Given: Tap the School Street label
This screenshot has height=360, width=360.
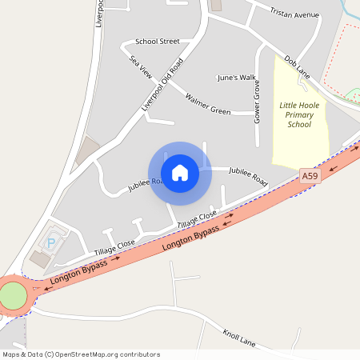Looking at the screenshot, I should (x=158, y=41).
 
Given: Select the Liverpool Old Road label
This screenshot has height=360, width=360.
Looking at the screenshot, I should (x=162, y=84).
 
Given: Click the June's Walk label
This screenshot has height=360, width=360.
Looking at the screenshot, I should (x=236, y=78).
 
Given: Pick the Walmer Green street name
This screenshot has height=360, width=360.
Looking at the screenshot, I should (x=208, y=104).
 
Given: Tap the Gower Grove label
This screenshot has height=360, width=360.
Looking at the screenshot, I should (x=257, y=101).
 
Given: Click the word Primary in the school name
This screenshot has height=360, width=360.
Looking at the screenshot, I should (x=299, y=115).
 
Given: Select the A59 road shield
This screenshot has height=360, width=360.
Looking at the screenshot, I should (x=310, y=174).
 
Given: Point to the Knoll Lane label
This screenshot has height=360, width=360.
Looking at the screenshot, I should (x=239, y=336).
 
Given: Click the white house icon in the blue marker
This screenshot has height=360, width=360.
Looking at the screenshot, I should (x=180, y=173).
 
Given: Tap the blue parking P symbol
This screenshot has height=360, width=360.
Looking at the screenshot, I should (x=52, y=242).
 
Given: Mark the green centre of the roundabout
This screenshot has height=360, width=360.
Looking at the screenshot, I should (x=13, y=295).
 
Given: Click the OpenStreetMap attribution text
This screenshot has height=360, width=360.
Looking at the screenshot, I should (x=81, y=354).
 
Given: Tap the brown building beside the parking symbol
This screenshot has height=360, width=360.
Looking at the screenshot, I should (x=39, y=259).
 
